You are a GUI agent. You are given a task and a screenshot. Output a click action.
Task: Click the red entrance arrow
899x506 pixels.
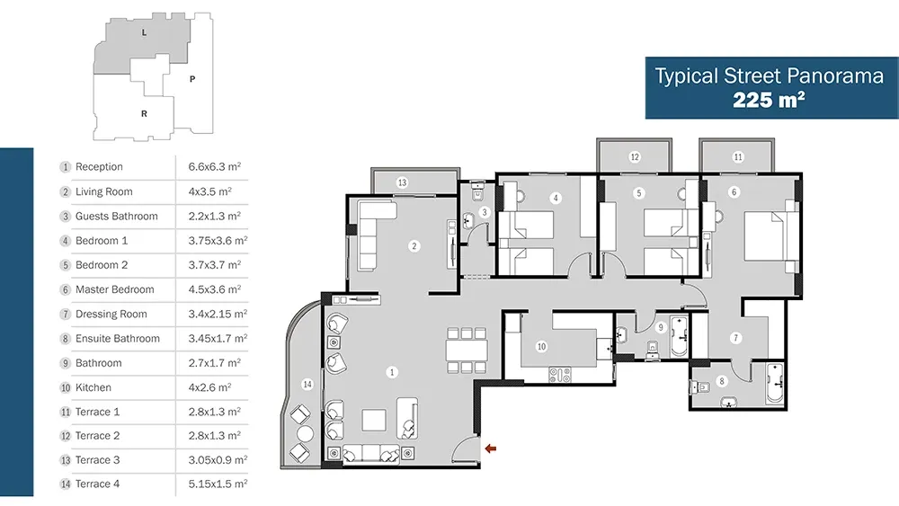490,448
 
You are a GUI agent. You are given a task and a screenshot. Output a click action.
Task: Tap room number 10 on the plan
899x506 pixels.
541,346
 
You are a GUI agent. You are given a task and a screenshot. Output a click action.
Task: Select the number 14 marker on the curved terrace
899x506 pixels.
307,384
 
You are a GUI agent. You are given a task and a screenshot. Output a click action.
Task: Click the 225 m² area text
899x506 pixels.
769,100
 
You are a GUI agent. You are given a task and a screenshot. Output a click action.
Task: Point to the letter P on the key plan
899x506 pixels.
192,79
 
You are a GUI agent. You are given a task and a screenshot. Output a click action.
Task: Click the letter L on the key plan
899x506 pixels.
144,32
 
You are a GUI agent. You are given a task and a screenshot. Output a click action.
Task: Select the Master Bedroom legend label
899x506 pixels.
115,289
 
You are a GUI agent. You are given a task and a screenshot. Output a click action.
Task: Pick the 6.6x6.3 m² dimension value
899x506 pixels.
215,167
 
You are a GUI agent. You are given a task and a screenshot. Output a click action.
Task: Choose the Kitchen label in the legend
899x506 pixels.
93,387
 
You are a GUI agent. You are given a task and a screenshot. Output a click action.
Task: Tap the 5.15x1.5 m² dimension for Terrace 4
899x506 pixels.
218,484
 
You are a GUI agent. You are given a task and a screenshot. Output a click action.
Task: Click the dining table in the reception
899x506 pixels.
467,350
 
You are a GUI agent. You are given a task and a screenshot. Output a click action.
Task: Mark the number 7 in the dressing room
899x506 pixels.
735,338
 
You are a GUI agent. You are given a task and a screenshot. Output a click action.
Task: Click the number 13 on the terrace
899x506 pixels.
402,182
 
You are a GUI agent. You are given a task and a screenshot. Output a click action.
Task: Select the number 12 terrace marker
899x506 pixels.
634,157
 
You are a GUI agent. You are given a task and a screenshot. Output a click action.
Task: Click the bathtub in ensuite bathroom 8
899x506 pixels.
775,383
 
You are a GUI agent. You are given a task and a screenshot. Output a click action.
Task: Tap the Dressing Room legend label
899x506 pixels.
111,314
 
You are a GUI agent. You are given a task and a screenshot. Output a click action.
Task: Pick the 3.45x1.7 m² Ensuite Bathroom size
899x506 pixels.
218,338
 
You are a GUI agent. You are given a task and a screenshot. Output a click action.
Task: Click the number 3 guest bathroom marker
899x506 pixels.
485,213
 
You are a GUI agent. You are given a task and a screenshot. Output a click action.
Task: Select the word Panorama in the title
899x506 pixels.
835,75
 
